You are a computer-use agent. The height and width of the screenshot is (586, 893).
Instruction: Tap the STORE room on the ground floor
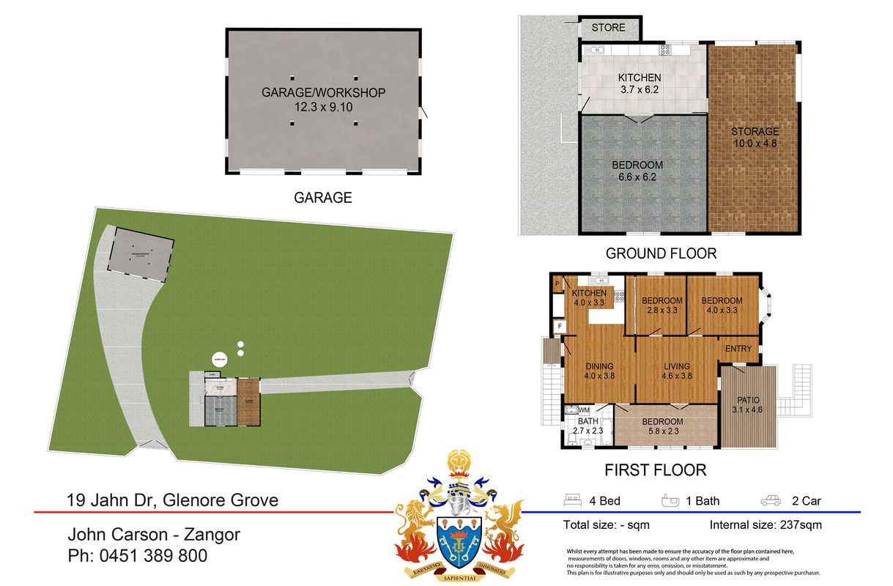(x=609, y=28)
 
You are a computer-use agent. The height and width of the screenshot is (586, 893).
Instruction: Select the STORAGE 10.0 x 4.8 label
(x=754, y=138)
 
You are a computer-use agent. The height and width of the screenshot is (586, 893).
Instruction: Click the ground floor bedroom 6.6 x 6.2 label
(x=637, y=171)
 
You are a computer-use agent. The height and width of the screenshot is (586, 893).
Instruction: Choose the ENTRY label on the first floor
(x=738, y=349)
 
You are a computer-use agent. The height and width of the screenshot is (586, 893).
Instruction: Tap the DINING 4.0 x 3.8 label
(x=599, y=371)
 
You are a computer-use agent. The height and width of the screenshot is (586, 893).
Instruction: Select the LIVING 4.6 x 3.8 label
(x=678, y=371)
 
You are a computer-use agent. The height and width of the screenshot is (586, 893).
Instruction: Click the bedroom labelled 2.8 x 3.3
(x=662, y=305)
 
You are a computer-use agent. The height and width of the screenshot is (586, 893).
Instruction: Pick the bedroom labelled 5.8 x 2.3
(x=662, y=426)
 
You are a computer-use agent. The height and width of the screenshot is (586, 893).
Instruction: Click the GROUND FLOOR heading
(x=661, y=254)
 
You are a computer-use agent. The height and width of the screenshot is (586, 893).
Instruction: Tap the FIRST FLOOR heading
(x=655, y=470)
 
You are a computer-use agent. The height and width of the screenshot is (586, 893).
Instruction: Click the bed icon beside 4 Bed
(x=572, y=501)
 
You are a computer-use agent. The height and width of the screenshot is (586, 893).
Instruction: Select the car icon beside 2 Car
(x=771, y=501)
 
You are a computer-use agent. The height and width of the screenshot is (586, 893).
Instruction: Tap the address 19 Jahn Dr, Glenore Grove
(x=172, y=501)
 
